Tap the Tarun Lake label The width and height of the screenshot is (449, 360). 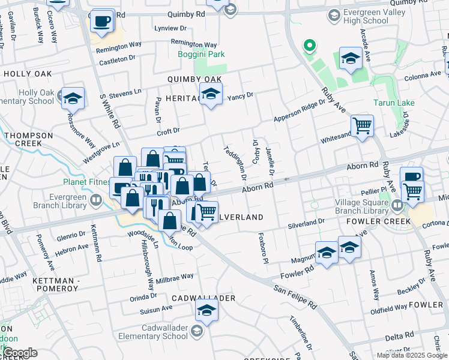[x=393, y=103]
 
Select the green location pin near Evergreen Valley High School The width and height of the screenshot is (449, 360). [x=310, y=46]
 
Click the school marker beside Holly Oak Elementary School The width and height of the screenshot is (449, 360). [x=73, y=98]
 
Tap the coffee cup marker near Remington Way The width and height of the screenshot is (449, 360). [x=101, y=22]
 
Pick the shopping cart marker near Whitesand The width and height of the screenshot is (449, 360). [x=362, y=126]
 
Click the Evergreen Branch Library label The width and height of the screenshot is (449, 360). [x=51, y=200]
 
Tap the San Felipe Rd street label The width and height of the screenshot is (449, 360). [x=295, y=296]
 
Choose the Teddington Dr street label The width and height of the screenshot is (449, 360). [x=235, y=163]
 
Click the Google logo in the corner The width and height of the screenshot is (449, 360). [x=19, y=353]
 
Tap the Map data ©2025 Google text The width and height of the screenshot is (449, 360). [x=411, y=355]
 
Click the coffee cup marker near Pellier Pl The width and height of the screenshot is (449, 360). [x=412, y=177]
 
